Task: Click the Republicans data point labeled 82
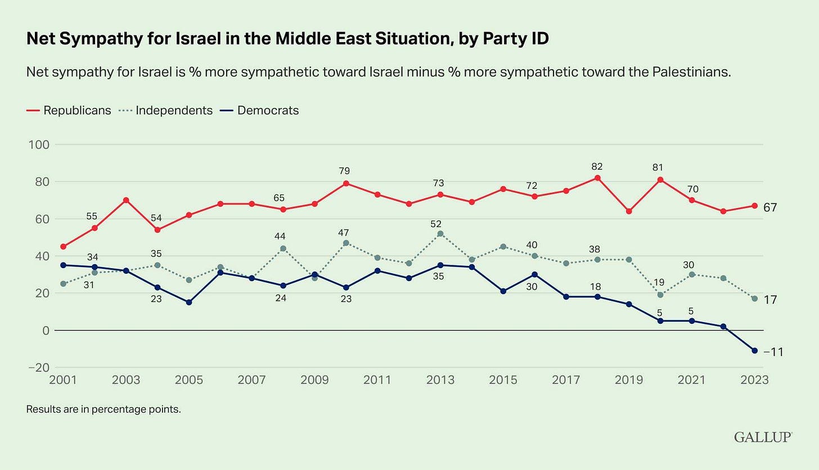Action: (597, 178)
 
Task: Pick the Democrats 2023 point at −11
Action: (755, 350)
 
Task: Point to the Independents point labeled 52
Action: (440, 233)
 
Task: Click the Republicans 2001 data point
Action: (63, 246)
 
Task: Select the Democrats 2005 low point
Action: (189, 302)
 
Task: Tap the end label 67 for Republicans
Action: (770, 207)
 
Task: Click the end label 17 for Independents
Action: (770, 300)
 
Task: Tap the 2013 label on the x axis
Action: (440, 380)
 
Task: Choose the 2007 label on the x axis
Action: (252, 380)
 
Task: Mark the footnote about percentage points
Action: (103, 409)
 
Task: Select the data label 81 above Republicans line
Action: (660, 167)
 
